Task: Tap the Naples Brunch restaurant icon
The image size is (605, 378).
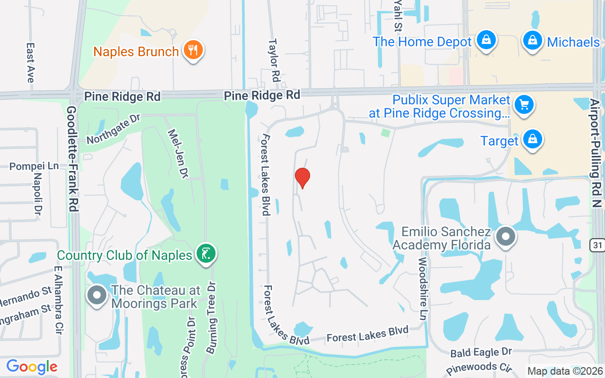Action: tap(192, 50)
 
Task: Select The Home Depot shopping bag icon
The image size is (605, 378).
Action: tap(486, 41)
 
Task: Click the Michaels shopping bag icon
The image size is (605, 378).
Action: tap(532, 41)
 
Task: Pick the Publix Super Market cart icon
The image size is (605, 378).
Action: tap(524, 104)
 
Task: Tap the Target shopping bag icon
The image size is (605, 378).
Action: tap(532, 140)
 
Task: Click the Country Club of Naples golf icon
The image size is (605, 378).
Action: tap(206, 254)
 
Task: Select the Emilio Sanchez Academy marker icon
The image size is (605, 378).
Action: tap(506, 237)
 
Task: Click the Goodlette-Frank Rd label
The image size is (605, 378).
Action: tap(72, 158)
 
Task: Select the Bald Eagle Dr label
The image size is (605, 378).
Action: tap(481, 352)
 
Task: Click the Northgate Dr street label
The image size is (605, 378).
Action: tap(113, 129)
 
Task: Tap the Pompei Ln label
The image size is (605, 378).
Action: tap(34, 166)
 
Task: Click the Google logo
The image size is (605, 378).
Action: tap(32, 367)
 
